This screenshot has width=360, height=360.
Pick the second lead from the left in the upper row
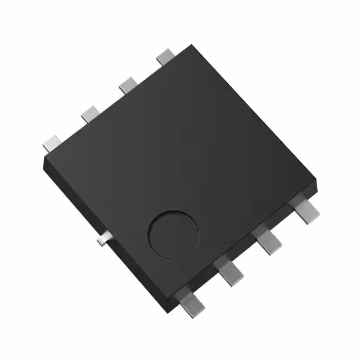tap(90, 114)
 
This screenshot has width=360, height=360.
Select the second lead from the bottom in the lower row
tap(231, 273)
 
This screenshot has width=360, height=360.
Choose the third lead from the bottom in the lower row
tap(269, 242)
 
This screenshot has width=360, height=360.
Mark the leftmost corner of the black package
tap(44, 159)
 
